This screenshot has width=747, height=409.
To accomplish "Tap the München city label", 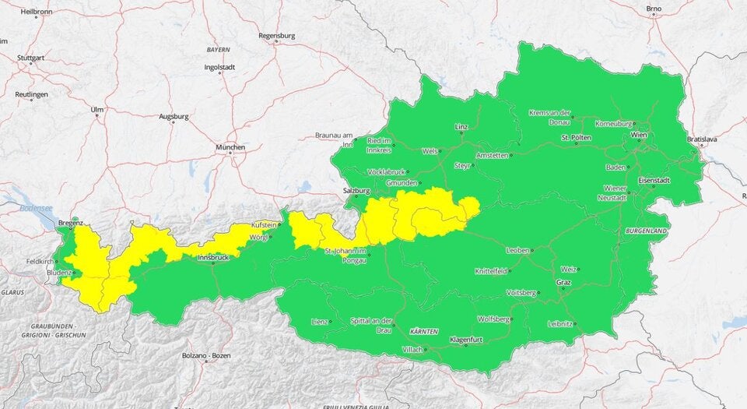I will click(x=231, y=147).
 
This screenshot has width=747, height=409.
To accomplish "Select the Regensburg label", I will click(x=277, y=35).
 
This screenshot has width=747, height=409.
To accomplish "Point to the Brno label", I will click(x=654, y=9).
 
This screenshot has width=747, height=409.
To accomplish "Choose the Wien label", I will click(x=638, y=135).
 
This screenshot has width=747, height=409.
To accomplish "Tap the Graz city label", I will click(x=563, y=282).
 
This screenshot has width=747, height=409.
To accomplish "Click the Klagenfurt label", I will click(x=466, y=340).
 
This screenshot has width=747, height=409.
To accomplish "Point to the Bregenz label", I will click(x=70, y=223).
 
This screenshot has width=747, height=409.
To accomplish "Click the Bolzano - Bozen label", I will click(x=206, y=356).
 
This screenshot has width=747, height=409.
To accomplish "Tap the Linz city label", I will click(x=461, y=126).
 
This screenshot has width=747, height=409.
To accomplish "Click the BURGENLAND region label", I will click(x=643, y=231).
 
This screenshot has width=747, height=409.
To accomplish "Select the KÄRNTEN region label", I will click(x=424, y=332).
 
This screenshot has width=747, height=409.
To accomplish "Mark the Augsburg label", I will click(x=174, y=117).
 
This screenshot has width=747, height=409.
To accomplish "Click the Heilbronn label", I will click(x=37, y=12).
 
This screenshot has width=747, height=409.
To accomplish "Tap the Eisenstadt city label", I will click(x=654, y=180).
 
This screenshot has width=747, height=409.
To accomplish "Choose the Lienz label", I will click(x=318, y=321).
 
